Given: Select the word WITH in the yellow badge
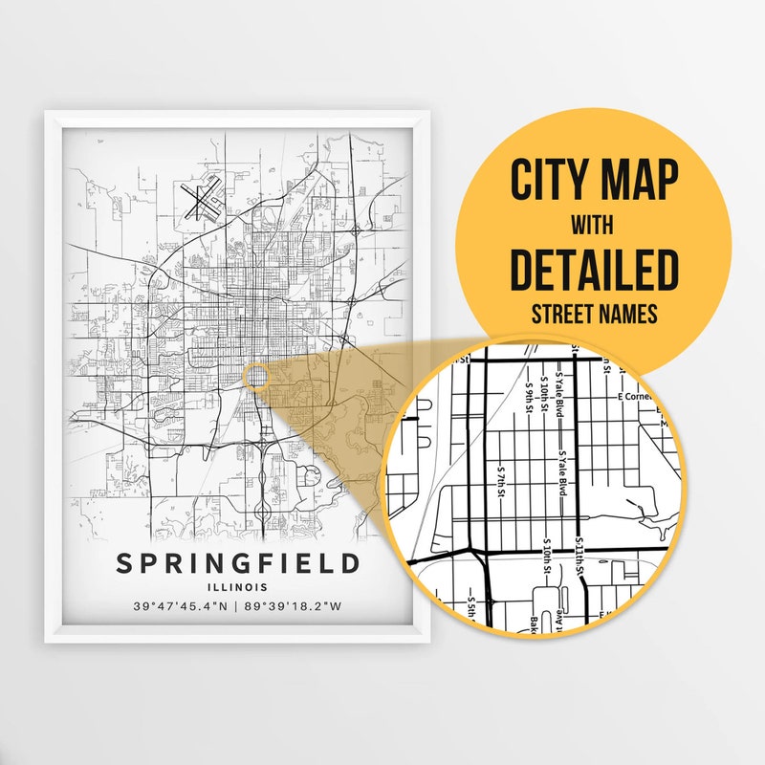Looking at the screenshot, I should pos(593,226).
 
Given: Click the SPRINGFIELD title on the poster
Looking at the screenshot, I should pos(238,563).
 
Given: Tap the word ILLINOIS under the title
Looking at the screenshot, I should pos(238,587).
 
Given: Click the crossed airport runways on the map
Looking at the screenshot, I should pos(202,203).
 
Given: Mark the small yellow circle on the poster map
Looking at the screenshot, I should pos(256,376).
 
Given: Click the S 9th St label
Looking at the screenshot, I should pos(528,394).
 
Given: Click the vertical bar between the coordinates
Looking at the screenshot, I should pos(239,607).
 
